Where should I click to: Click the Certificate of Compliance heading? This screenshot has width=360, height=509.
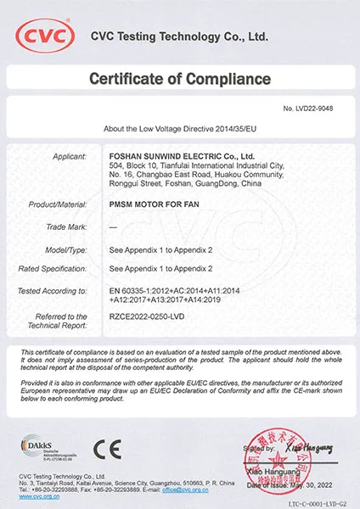point(180,79)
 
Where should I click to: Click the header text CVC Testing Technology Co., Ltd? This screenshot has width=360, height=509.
point(179,36)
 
